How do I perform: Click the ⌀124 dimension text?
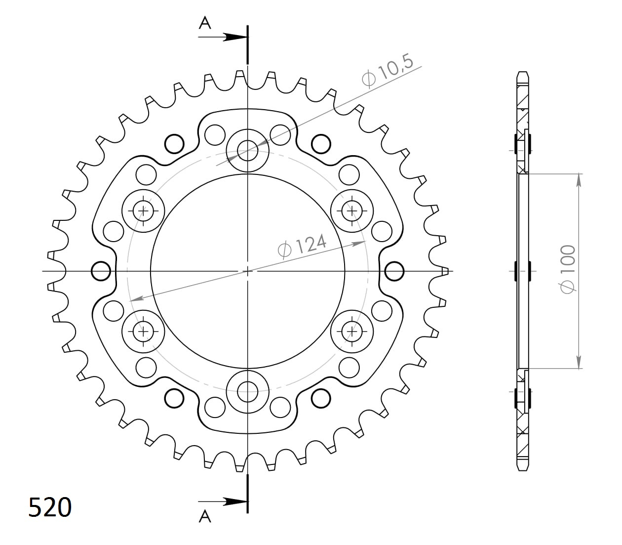click(302, 247)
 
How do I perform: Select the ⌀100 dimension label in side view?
click(568, 269)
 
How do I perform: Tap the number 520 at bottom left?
click(50, 507)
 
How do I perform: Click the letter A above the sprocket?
click(205, 23)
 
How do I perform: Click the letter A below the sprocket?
click(205, 516)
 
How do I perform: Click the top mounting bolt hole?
click(247, 150)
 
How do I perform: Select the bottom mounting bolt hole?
click(247, 392)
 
